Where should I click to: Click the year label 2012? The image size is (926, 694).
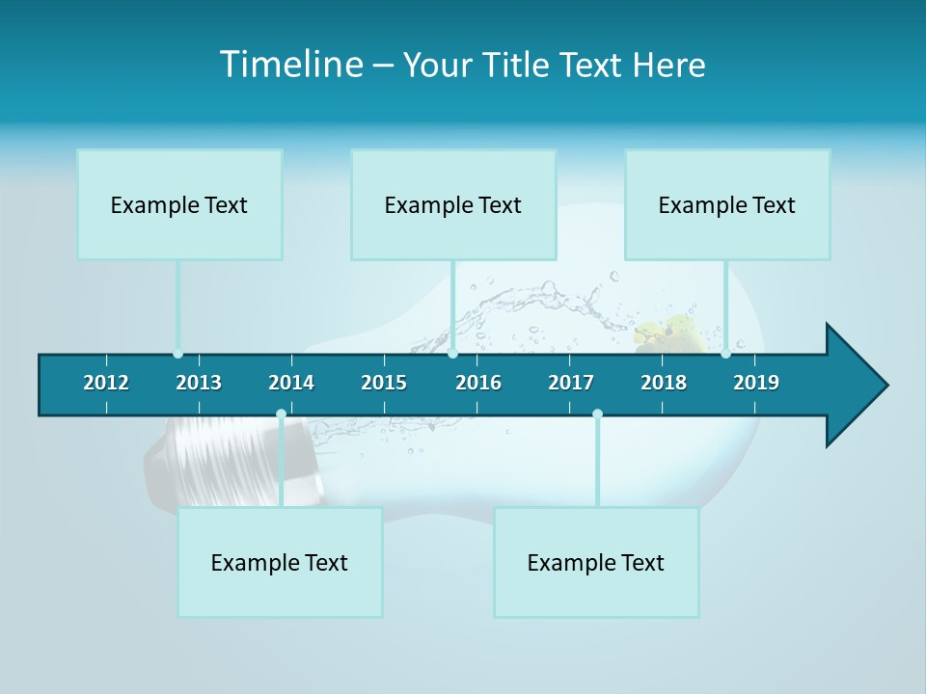click(x=106, y=383)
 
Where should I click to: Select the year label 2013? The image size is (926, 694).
click(x=199, y=383)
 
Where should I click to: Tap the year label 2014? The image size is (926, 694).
click(x=291, y=383)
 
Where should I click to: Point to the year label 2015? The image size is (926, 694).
click(x=384, y=383)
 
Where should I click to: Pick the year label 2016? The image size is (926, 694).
click(x=478, y=383)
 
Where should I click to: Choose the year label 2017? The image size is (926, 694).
click(x=571, y=383)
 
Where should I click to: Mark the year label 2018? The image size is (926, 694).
click(x=664, y=383)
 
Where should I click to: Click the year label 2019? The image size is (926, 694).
click(x=756, y=383)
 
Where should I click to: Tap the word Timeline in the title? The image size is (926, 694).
click(x=290, y=65)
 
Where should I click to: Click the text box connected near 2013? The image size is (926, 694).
click(x=179, y=204)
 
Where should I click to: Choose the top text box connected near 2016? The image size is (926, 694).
click(x=453, y=204)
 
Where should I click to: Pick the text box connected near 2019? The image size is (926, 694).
click(x=727, y=204)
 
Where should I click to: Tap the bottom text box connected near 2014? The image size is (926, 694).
click(x=280, y=562)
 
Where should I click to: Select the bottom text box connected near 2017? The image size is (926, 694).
click(x=596, y=562)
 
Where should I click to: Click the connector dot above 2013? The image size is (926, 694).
click(x=177, y=354)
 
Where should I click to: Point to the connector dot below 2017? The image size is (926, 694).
click(x=597, y=414)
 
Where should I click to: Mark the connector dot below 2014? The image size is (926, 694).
click(x=281, y=414)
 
